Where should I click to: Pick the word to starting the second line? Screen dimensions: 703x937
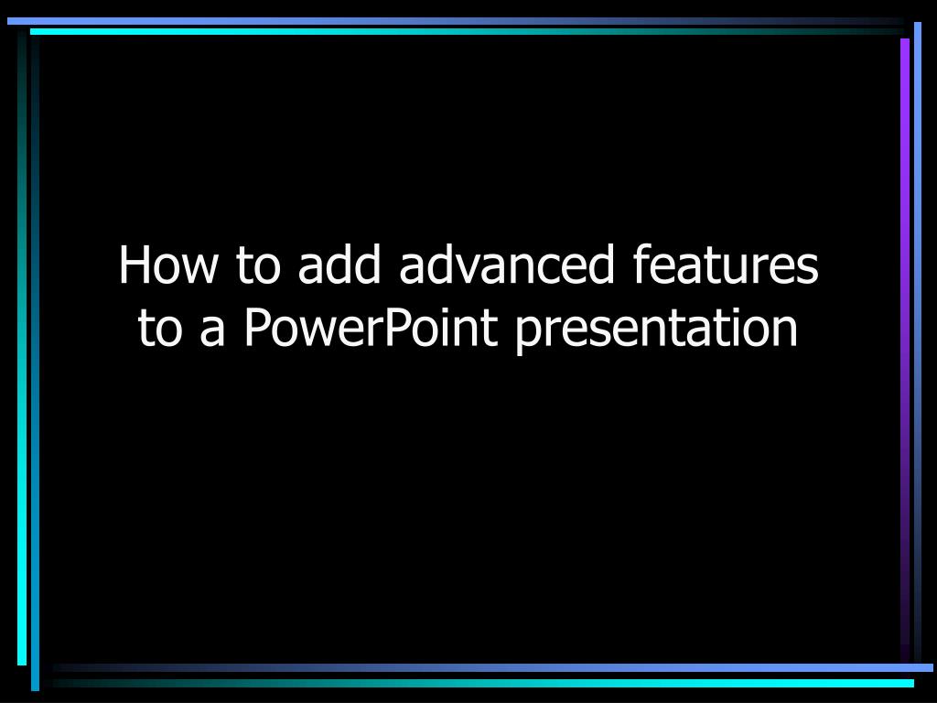(160, 329)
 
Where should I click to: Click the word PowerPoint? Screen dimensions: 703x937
(371, 329)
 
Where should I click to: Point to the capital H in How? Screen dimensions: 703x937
(134, 265)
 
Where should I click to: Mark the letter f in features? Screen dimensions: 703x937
(640, 265)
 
